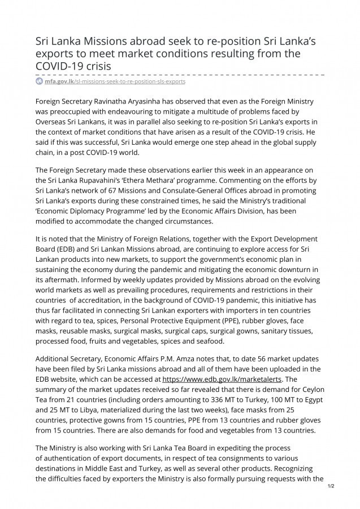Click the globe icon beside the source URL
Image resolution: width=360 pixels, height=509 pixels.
[x=39, y=81]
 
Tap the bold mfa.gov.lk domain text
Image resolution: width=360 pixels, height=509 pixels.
[x=59, y=81]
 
